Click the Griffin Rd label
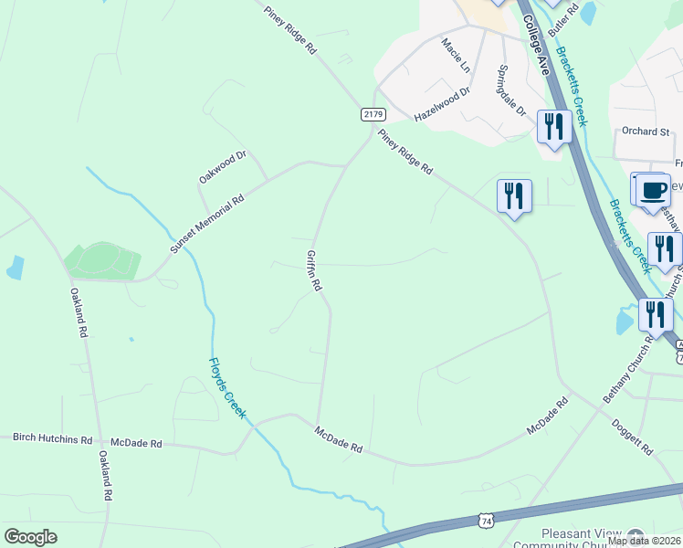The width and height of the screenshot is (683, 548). pos(314,270)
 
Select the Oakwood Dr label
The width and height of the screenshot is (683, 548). pos(223,168)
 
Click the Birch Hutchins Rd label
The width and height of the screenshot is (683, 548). pos(52,438)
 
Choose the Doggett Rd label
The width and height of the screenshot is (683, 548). pos(634,436)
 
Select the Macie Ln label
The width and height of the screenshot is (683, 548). pos(455,55)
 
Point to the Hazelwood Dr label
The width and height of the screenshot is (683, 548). pos(441,105)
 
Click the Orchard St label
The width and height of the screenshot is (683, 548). pos(646,132)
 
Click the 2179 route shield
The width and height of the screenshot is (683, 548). pos(373,114)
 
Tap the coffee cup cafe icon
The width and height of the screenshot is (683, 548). pos(652,190)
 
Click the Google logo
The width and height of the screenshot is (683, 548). pos(30,537)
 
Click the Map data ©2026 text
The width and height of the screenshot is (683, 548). pos(643,541)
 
